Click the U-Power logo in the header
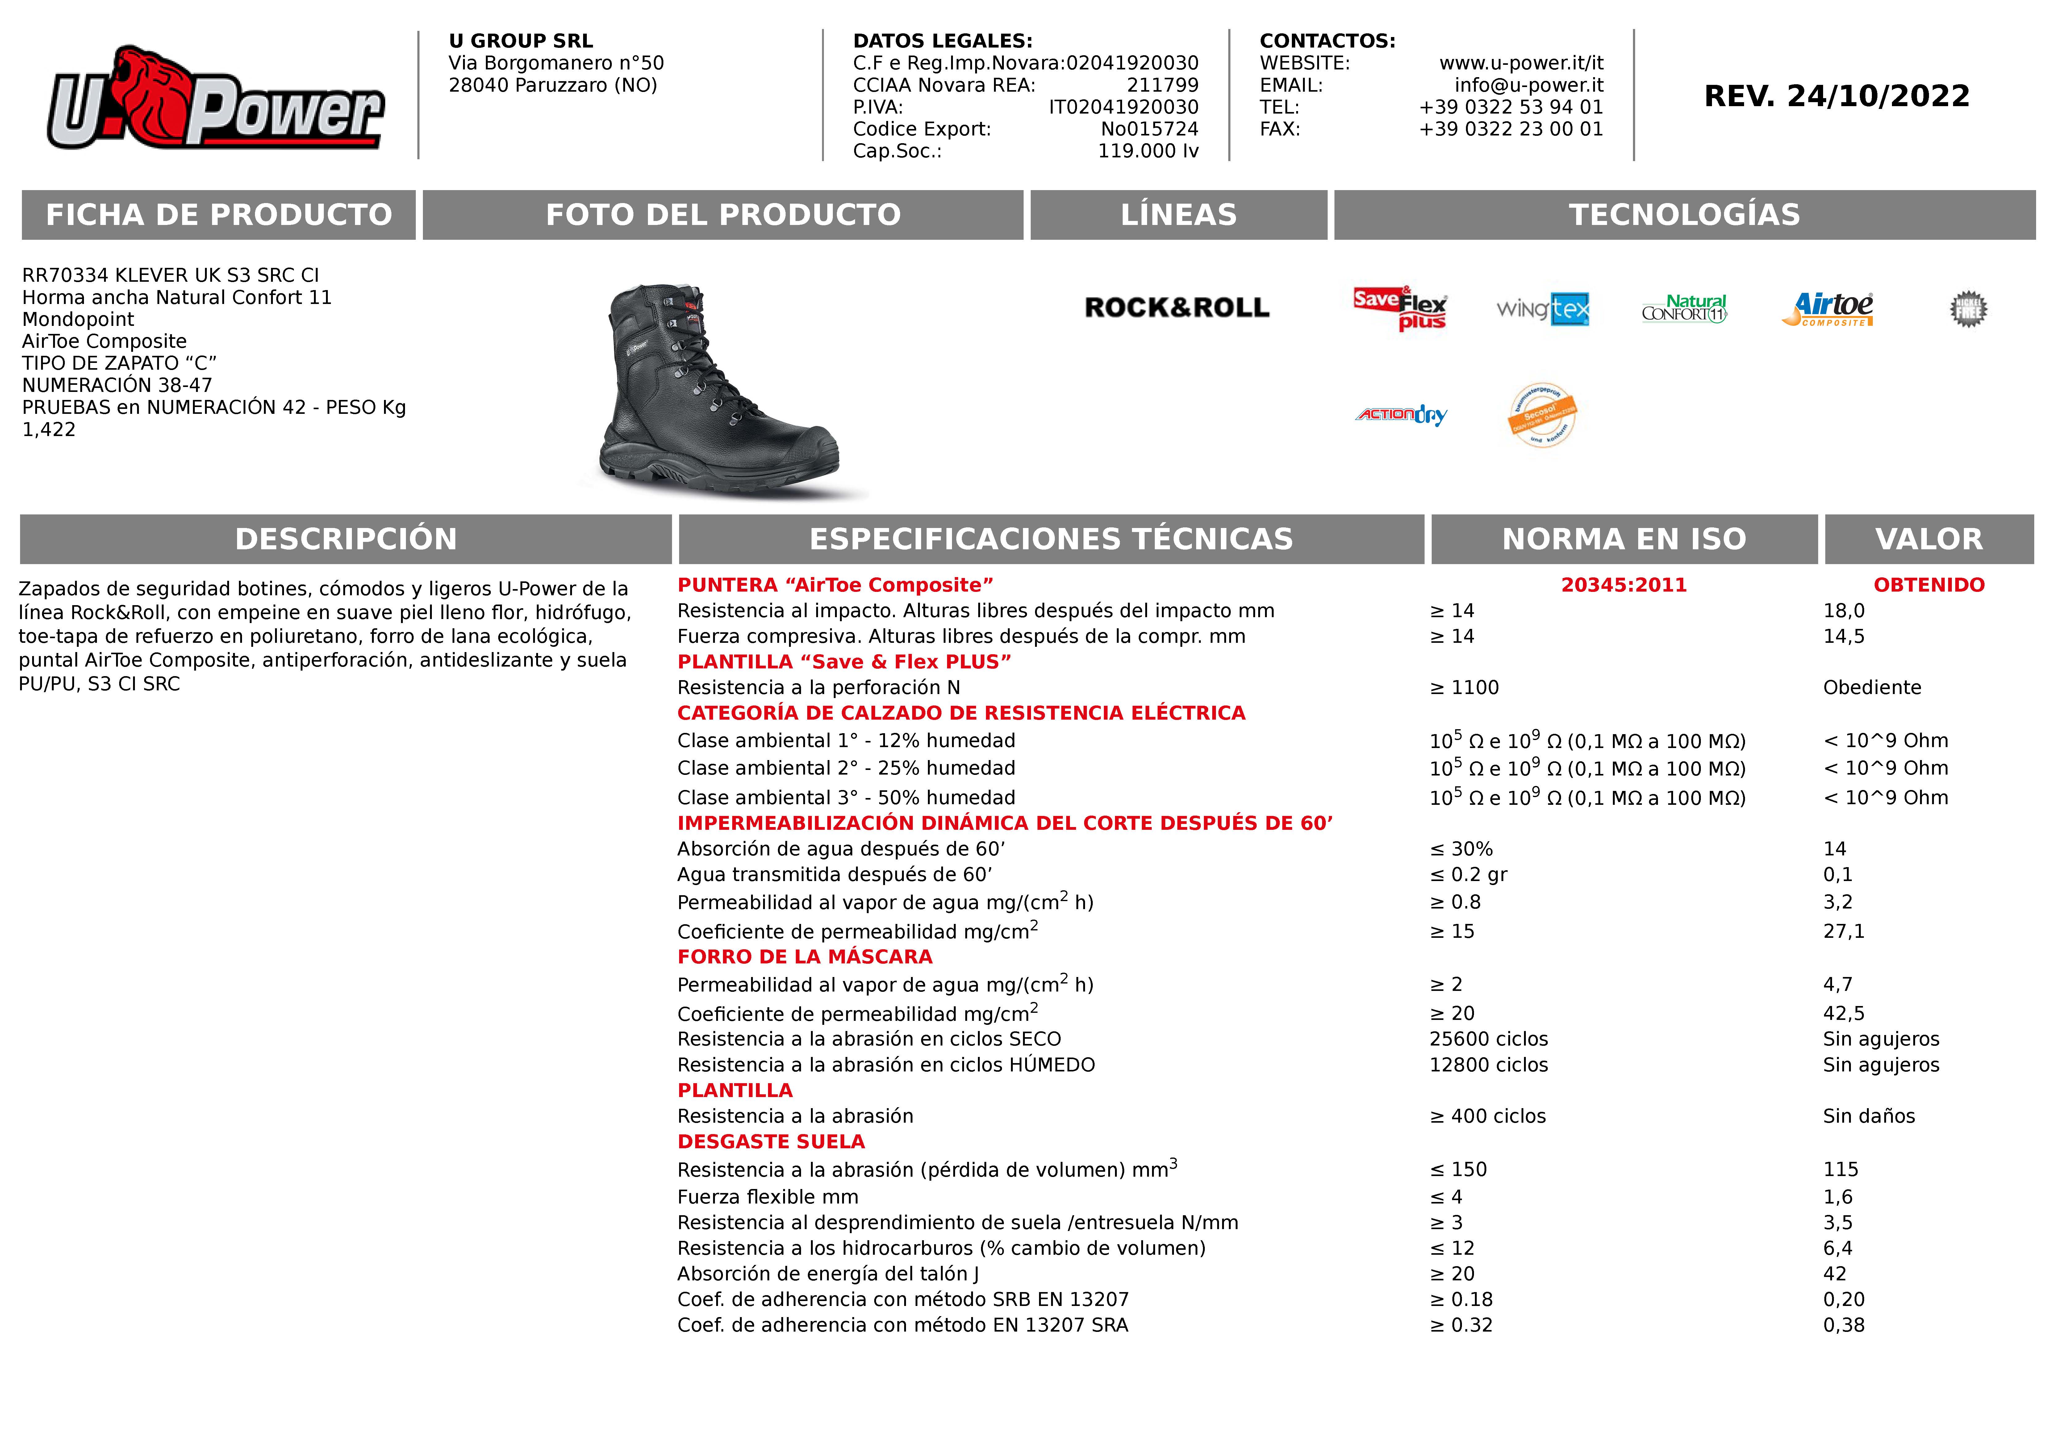tap(215, 98)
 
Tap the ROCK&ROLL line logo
tap(1176, 308)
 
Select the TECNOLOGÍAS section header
tap(1684, 215)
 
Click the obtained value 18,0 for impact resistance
tap(1844, 611)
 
